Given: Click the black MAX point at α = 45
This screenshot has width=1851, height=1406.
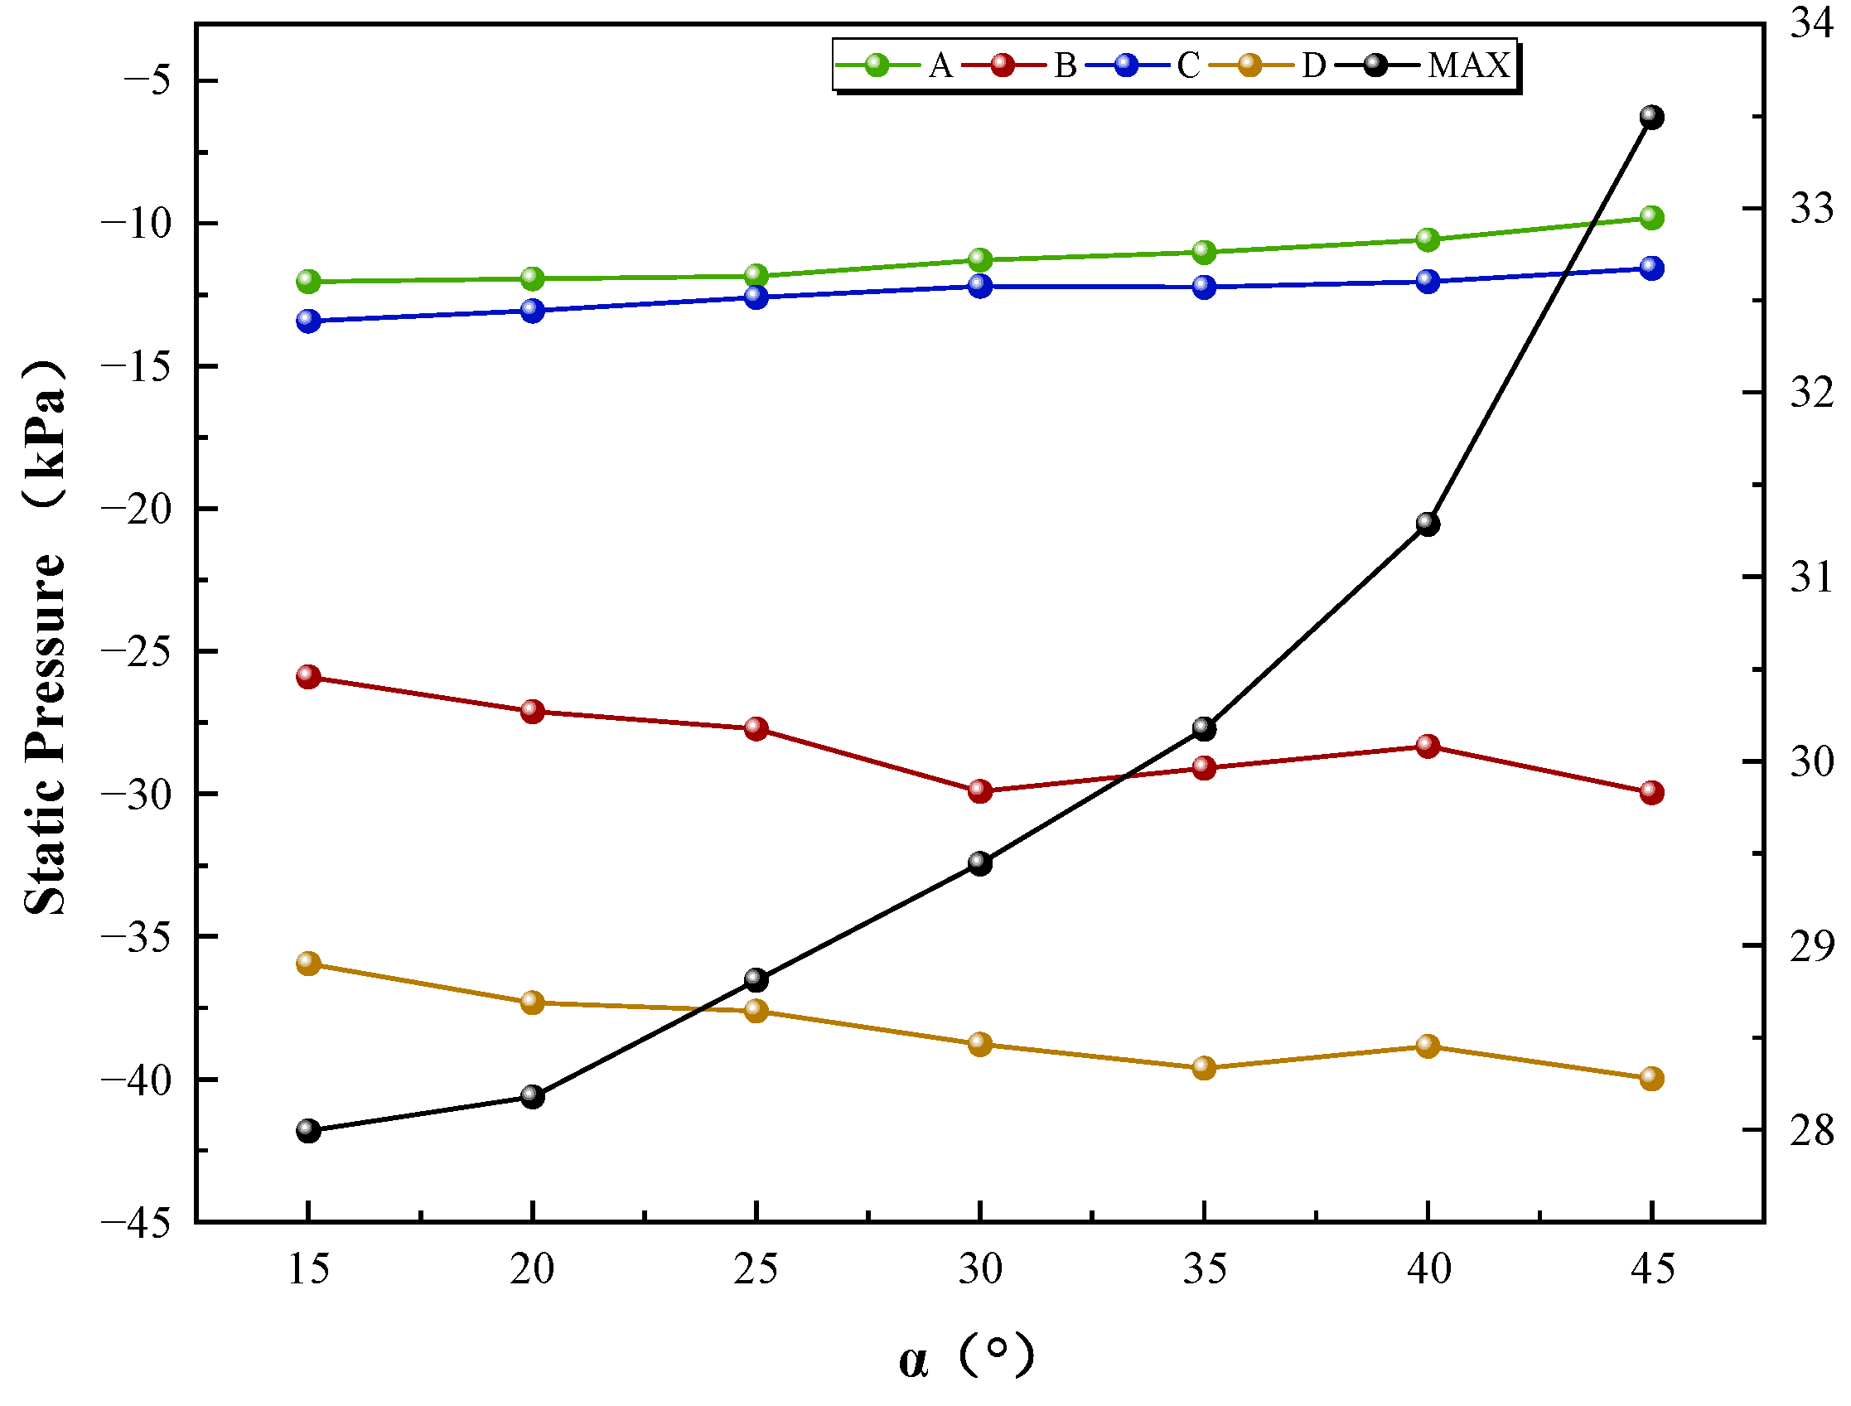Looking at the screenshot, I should (1651, 117).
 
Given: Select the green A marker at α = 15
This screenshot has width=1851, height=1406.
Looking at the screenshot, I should (309, 281).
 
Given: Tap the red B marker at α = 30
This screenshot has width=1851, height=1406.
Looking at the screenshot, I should (980, 791).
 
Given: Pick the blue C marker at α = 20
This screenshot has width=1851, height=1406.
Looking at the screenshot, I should (532, 311).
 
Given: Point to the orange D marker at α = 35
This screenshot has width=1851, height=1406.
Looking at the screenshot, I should (1203, 1068).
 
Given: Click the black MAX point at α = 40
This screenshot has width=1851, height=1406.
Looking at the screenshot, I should (1428, 524).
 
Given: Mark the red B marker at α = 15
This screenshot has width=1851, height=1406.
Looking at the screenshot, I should (309, 676).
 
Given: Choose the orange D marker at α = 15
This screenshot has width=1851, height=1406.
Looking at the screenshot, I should (309, 964).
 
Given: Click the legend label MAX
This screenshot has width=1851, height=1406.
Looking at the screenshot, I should (1468, 65).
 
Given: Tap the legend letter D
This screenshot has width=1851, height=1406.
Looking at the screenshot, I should (1313, 65).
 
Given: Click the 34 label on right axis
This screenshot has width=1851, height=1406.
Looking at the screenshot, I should (1812, 22).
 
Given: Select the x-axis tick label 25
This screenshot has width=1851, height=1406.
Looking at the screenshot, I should (756, 1270).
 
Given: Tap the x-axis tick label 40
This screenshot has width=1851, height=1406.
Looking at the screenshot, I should (1428, 1270).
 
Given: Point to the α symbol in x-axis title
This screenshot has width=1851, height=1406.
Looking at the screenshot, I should (914, 1361).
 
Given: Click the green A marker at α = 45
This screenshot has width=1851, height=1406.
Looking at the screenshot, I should (1651, 218).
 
